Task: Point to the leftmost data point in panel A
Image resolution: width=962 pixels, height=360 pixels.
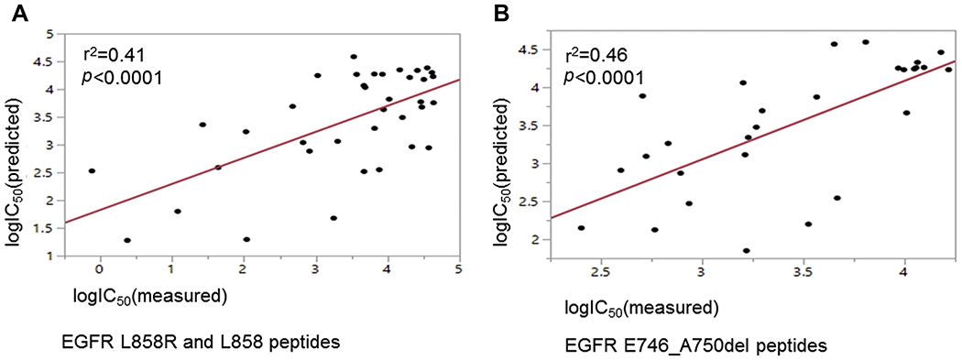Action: tap(92, 170)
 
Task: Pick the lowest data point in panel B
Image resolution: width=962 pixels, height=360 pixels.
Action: tap(747, 250)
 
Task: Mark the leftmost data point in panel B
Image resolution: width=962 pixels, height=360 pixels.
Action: tap(581, 228)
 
